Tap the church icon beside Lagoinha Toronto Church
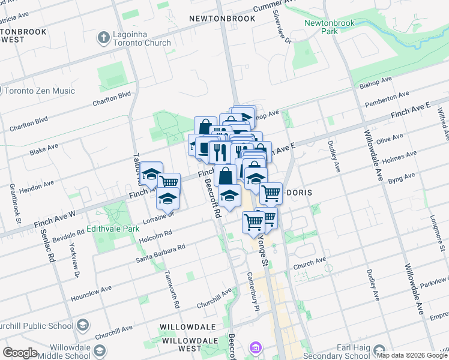click(x=103, y=38)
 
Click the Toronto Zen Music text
click(x=39, y=91)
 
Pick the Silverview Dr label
click(x=282, y=26)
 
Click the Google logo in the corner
click(x=20, y=353)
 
